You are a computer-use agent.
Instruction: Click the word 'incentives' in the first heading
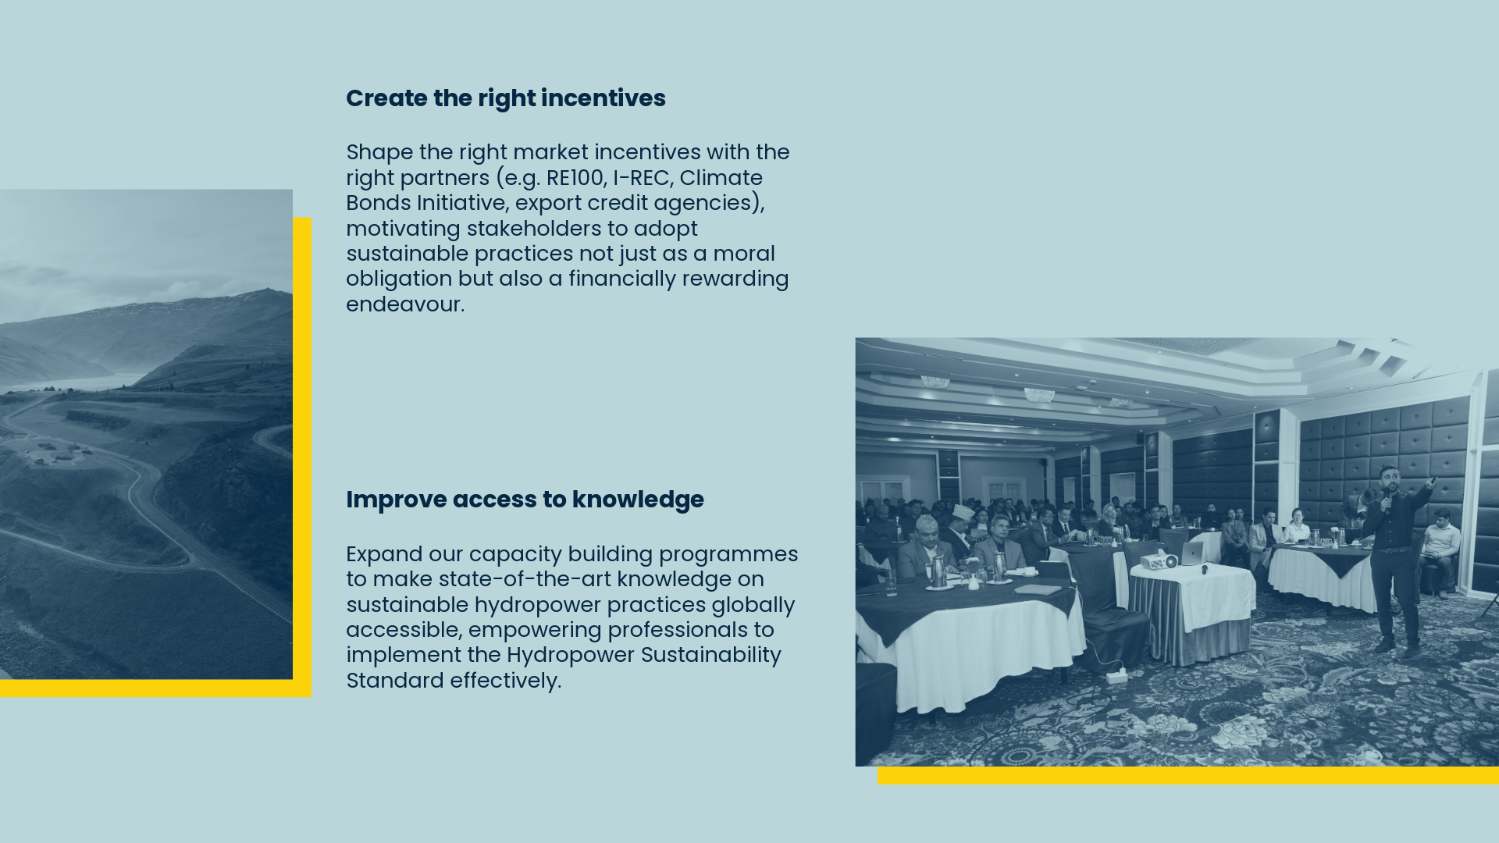(603, 98)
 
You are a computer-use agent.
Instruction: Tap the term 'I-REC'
(641, 178)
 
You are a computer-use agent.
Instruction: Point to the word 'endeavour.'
(405, 304)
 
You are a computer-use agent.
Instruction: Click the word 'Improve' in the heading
(396, 500)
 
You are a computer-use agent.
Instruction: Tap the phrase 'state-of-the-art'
(525, 579)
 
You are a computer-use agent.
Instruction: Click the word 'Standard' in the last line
(395, 681)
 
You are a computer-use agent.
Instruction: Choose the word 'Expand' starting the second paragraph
(383, 554)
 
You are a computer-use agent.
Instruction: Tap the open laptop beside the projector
(1191, 554)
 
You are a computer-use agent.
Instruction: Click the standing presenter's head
(1387, 476)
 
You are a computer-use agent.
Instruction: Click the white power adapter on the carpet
(1116, 675)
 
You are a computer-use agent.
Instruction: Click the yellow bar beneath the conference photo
(1187, 775)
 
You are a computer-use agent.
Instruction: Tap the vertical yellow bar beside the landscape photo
(302, 453)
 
